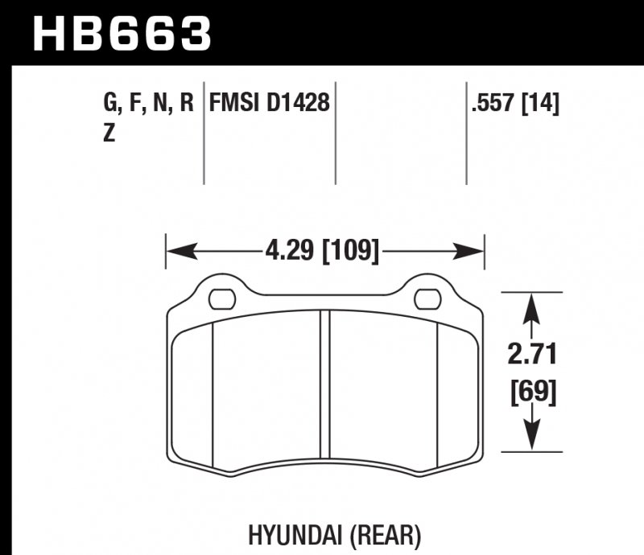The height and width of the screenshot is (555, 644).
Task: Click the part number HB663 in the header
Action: click(121, 34)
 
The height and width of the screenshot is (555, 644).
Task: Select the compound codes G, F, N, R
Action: click(149, 104)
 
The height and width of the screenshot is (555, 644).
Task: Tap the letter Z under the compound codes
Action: click(109, 134)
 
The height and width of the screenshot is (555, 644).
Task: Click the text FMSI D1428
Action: click(270, 104)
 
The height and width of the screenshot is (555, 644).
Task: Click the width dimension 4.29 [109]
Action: click(321, 252)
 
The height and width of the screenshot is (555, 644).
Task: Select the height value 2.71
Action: click(531, 354)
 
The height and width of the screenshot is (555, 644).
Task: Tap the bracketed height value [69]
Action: click(531, 393)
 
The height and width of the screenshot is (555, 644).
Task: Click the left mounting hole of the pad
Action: click(219, 300)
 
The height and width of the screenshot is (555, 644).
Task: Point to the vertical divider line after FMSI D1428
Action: click(335, 133)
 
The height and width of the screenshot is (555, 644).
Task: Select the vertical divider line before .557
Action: click(466, 133)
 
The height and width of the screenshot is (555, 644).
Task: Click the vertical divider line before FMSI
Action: click(204, 133)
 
